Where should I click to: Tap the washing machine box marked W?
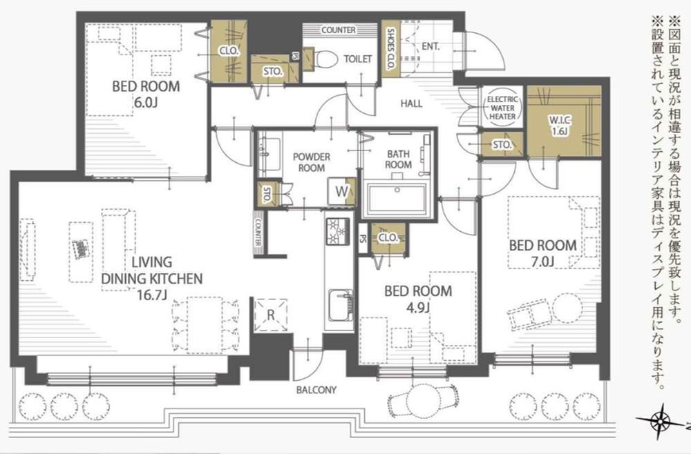[x=341, y=191]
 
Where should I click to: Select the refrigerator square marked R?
[x=271, y=315]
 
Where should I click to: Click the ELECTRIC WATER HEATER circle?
[x=502, y=108]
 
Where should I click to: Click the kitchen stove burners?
[x=338, y=233]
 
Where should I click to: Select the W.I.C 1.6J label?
[x=559, y=125]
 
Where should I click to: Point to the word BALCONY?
[x=316, y=390]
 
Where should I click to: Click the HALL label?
[x=411, y=103]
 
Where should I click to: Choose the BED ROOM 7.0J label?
[x=542, y=253]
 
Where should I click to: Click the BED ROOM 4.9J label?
[x=418, y=298]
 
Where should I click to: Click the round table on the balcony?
[x=424, y=399]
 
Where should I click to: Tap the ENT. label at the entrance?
[x=430, y=46]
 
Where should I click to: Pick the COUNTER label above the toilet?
[x=338, y=30]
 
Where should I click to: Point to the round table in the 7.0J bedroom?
[x=567, y=308]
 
